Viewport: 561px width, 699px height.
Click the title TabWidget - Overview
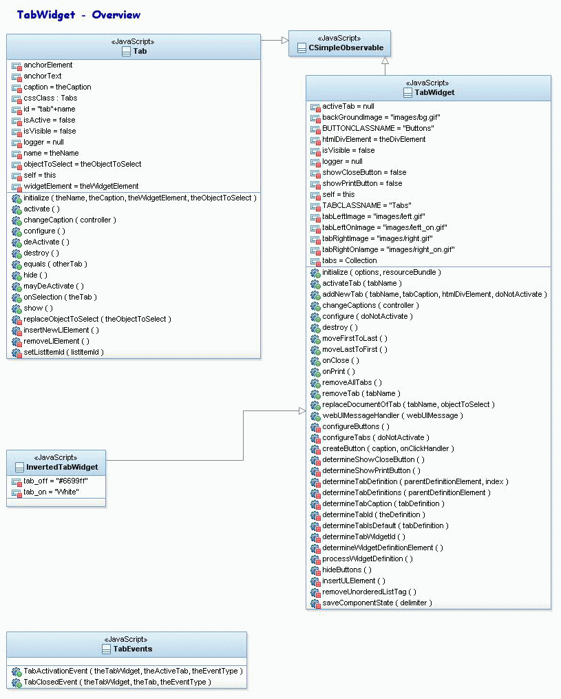(x=78, y=15)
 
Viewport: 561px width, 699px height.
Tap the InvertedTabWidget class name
(x=62, y=467)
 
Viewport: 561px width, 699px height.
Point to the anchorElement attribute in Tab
(x=47, y=65)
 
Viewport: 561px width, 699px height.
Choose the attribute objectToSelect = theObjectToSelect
(x=82, y=164)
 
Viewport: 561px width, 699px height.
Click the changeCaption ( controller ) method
(x=70, y=220)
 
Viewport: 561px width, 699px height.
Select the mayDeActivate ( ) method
(x=53, y=286)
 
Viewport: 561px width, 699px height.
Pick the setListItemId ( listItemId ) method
(x=63, y=352)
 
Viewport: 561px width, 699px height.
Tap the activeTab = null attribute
(x=348, y=107)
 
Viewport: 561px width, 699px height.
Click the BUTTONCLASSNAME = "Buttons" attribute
(x=378, y=128)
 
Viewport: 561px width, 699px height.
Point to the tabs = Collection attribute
(x=349, y=260)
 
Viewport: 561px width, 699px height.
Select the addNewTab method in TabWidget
(x=434, y=294)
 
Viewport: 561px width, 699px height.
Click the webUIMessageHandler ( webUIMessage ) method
(x=392, y=415)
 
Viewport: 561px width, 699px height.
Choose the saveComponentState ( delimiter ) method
(x=377, y=603)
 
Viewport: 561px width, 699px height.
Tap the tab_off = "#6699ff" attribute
(x=55, y=481)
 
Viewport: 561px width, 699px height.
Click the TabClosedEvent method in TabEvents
(x=116, y=682)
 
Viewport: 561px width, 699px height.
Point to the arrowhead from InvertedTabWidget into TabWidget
(x=301, y=411)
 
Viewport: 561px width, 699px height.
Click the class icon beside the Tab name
(x=126, y=51)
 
